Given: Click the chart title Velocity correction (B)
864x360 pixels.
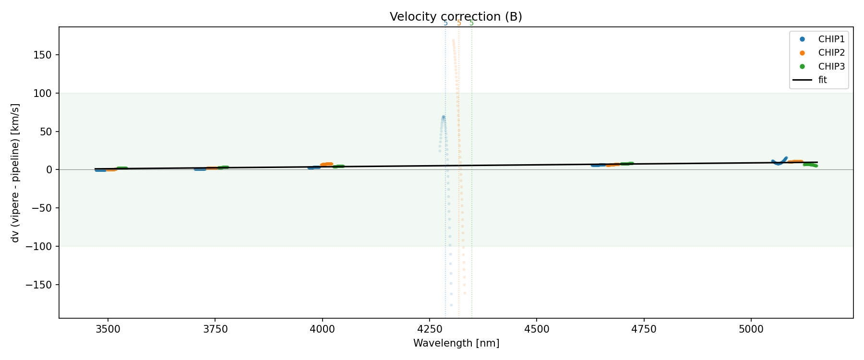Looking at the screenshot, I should pyautogui.click(x=456, y=17).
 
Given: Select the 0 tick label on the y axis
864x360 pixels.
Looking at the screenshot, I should pyautogui.click(x=49, y=170).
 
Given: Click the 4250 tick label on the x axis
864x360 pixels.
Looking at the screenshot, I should pyautogui.click(x=430, y=329).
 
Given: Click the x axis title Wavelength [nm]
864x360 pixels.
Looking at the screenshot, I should pyautogui.click(x=456, y=343).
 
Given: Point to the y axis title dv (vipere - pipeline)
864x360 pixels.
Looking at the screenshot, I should pyautogui.click(x=15, y=173).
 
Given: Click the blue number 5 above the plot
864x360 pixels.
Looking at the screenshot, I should pyautogui.click(x=445, y=23).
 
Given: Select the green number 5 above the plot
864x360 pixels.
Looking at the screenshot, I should pyautogui.click(x=471, y=23).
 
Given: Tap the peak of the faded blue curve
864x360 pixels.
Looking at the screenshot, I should pyautogui.click(x=443, y=117).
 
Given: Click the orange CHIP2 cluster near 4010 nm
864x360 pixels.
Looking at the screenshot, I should pyautogui.click(x=327, y=164).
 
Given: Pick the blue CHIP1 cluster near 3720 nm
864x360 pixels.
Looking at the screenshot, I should pyautogui.click(x=200, y=169).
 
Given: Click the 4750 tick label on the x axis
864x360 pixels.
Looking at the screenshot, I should pyautogui.click(x=644, y=329).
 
